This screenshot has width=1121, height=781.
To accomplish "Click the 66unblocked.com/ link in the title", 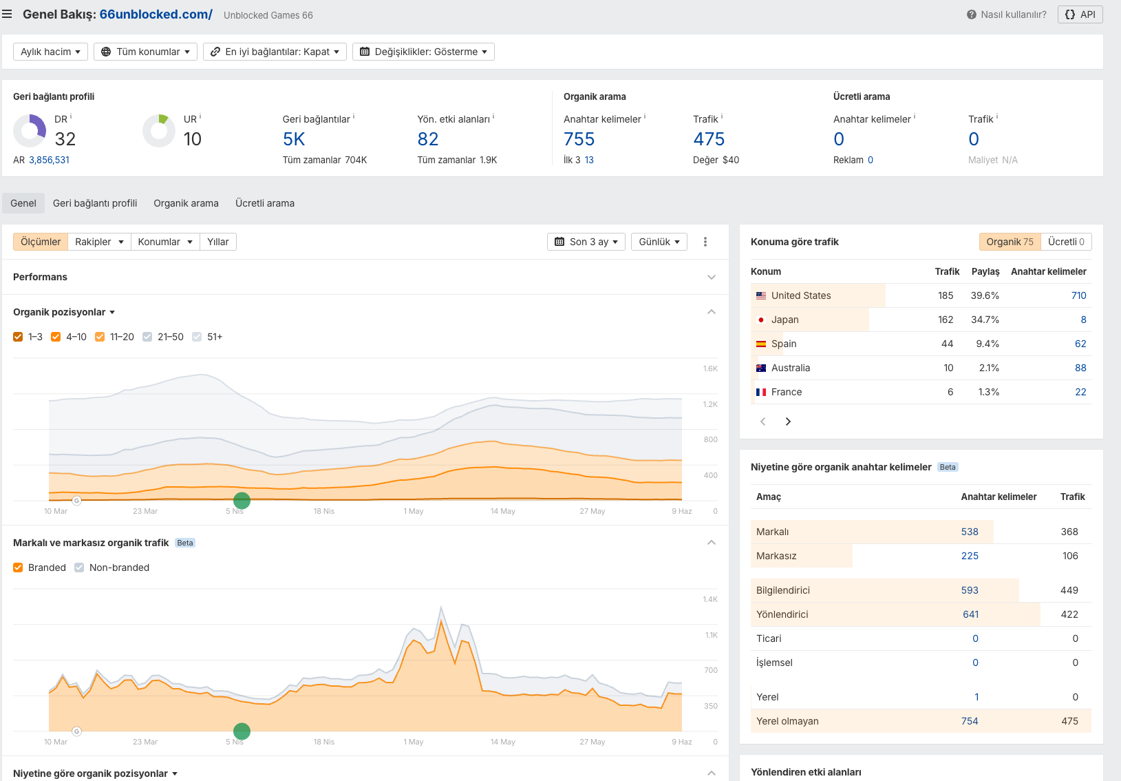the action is point(156,14).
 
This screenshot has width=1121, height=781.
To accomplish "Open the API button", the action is point(1080,14).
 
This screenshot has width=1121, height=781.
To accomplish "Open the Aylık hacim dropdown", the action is point(50,52).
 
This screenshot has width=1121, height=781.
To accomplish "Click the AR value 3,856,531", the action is point(49,160).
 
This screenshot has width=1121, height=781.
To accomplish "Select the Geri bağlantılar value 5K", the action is point(294,138).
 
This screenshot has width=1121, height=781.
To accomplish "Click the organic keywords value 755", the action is point(579,138).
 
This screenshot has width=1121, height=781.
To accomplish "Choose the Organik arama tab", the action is point(186,203).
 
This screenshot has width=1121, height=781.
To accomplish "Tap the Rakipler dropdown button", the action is point(99,242).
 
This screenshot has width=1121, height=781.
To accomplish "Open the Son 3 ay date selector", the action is point(586,242).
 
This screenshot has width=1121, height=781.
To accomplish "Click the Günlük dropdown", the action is point(659,242).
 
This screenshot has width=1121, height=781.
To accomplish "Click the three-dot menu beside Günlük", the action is point(705,242).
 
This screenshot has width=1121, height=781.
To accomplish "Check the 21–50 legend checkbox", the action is point(147,337).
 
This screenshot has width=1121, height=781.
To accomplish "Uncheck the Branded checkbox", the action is point(18,567).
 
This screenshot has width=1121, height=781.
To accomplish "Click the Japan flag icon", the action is point(760,320).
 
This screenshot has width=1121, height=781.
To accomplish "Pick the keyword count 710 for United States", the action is point(1078,295).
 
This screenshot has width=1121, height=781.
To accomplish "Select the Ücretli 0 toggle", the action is point(1066,242).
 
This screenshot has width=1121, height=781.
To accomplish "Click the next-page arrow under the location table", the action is point(788,421).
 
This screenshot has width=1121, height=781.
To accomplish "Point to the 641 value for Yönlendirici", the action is point(970,614).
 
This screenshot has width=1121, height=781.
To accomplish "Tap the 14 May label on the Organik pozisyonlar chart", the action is point(502,511).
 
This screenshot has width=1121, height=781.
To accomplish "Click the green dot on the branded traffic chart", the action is point(242,731).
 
